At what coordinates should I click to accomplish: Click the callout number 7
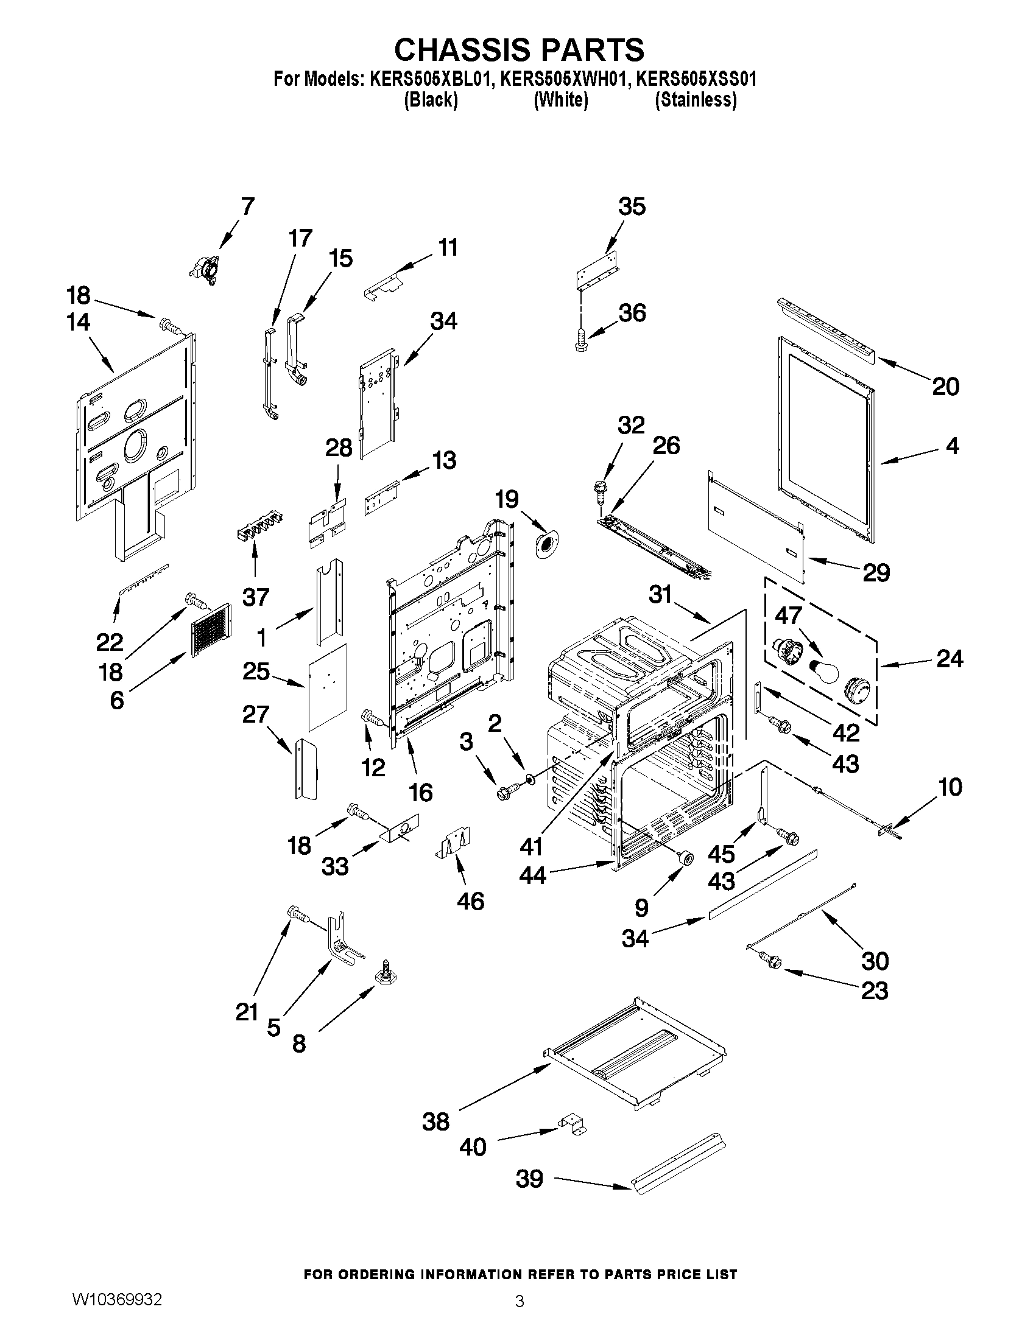click(247, 207)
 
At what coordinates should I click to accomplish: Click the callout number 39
click(529, 1179)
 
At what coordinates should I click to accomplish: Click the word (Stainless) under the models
click(696, 100)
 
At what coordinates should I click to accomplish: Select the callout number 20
click(945, 387)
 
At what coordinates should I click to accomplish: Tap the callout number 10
click(950, 787)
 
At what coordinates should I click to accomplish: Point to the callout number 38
click(435, 1122)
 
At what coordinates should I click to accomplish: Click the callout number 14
click(79, 322)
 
